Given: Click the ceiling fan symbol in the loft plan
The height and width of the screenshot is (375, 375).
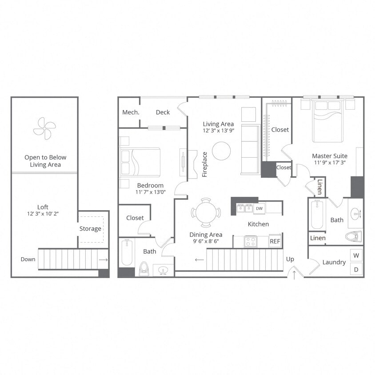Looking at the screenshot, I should (44, 128).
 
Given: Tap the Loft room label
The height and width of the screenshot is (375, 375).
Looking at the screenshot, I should (43, 207).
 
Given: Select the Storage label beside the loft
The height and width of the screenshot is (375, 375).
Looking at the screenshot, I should (90, 229).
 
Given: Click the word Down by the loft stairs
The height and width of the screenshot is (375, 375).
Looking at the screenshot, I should (28, 259).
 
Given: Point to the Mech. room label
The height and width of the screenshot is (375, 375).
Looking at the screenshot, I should (131, 112).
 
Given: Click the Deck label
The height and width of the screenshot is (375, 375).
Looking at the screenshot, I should (163, 112).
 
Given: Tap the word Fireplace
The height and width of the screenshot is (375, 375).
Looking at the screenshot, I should (205, 164).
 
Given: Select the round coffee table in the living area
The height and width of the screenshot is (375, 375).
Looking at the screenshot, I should (221, 151).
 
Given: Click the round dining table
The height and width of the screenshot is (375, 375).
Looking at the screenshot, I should (206, 212).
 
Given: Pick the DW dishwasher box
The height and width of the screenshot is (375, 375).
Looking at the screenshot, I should (260, 207).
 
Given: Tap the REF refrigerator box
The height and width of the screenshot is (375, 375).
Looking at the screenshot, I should (275, 241).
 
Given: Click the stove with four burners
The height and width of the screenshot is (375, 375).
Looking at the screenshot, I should (251, 241).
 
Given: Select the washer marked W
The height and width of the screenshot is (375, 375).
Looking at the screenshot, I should (357, 255).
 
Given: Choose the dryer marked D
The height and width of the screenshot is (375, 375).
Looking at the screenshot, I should (357, 269).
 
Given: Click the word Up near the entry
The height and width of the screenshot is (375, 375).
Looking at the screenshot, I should (290, 259).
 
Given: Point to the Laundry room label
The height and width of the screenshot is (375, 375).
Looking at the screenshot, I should (334, 263).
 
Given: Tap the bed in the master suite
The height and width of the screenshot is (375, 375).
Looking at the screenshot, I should (328, 121).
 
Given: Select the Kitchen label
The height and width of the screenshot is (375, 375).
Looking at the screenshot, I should (258, 224).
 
